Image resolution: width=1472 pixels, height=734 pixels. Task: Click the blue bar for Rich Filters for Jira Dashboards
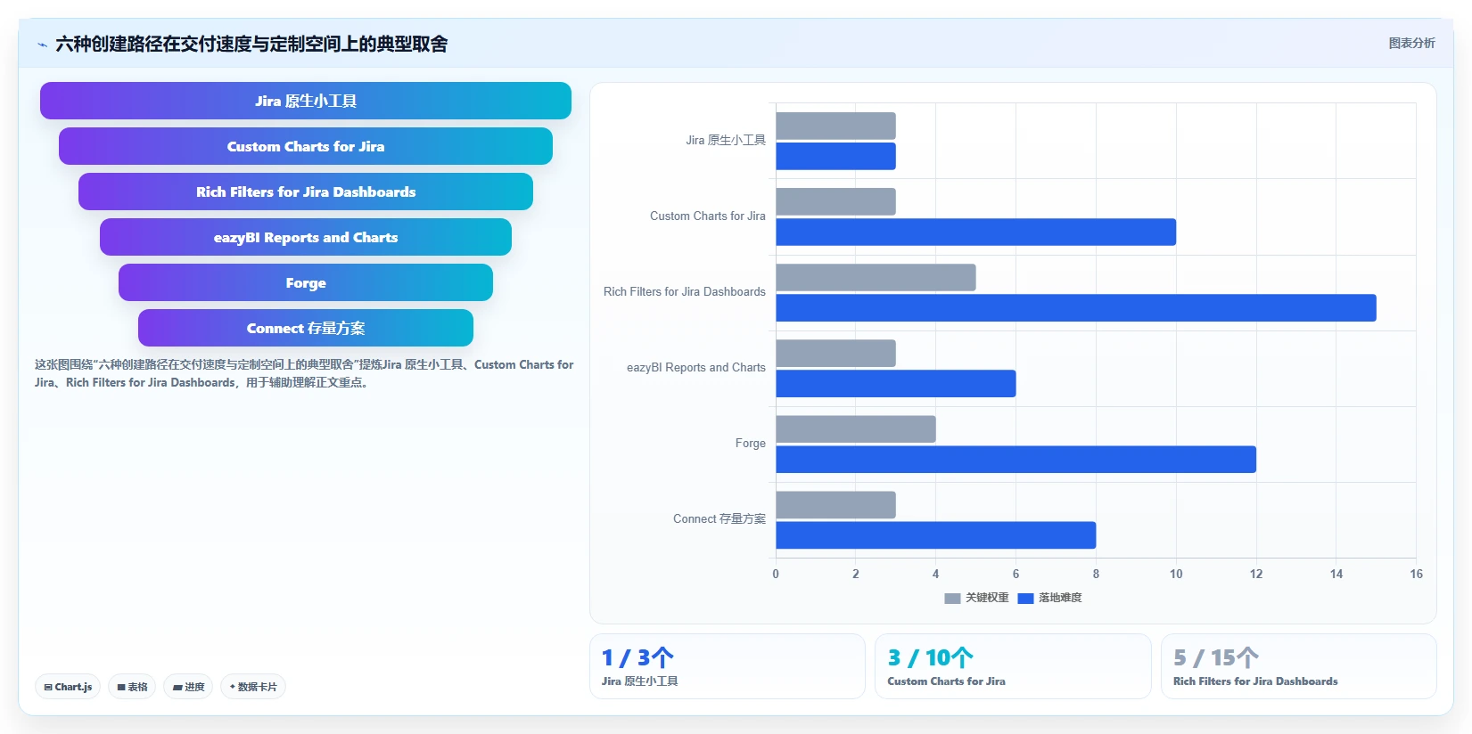1076,308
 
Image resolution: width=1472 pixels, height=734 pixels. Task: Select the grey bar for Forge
856,429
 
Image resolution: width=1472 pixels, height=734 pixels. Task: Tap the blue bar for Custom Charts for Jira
976,232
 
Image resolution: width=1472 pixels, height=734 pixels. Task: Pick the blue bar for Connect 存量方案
936,535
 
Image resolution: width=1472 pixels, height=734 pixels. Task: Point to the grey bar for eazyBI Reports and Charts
836,354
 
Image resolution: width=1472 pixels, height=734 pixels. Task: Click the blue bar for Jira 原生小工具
836,156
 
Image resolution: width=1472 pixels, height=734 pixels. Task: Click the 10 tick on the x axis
1176,574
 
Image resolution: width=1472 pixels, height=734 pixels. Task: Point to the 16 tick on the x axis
1416,574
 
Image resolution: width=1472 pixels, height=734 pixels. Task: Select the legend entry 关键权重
976,598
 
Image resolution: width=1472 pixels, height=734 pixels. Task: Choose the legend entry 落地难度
1049,598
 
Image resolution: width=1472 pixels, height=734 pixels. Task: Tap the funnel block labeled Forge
306,282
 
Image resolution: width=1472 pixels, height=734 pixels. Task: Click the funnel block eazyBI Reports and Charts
306,237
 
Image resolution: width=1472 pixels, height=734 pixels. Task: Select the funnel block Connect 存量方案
306,328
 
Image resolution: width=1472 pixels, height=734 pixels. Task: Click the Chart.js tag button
68,687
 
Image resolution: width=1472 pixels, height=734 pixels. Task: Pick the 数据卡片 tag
253,687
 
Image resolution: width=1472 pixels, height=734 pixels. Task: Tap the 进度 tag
188,687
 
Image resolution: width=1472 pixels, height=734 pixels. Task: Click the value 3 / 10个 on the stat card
930,657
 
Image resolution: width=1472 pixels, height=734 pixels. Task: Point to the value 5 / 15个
1216,657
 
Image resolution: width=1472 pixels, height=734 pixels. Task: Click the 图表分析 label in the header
1411,44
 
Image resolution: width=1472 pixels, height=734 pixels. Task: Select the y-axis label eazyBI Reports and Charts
696,368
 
